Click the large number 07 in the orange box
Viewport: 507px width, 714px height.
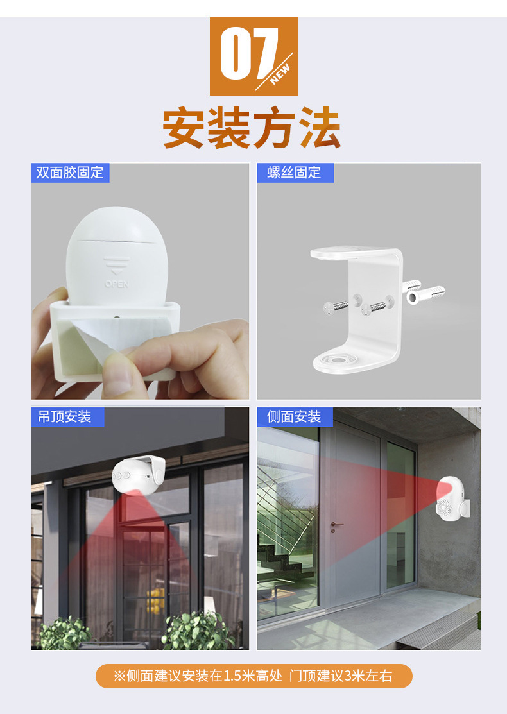pyautogui.click(x=249, y=54)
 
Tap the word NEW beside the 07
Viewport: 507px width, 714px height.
pyautogui.click(x=280, y=74)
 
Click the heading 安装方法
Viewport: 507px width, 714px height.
pyautogui.click(x=252, y=128)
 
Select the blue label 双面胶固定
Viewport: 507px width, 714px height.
pyautogui.click(x=70, y=173)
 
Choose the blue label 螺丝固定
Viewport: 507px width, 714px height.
pyautogui.click(x=295, y=173)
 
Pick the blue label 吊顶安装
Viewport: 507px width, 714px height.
pyautogui.click(x=67, y=416)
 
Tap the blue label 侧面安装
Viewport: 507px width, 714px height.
pyautogui.click(x=295, y=416)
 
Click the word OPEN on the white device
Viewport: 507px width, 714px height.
pyautogui.click(x=117, y=284)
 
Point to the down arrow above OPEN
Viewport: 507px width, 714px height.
pyautogui.click(x=117, y=266)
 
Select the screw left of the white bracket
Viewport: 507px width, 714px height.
pyautogui.click(x=336, y=307)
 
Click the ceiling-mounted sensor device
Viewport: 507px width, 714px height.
pyautogui.click(x=138, y=474)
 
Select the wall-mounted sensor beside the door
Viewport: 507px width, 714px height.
pyautogui.click(x=451, y=498)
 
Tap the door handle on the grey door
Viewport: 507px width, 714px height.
pyautogui.click(x=336, y=525)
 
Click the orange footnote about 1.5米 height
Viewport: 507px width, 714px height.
pyautogui.click(x=253, y=676)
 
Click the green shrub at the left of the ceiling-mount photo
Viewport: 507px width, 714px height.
pyautogui.click(x=65, y=633)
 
